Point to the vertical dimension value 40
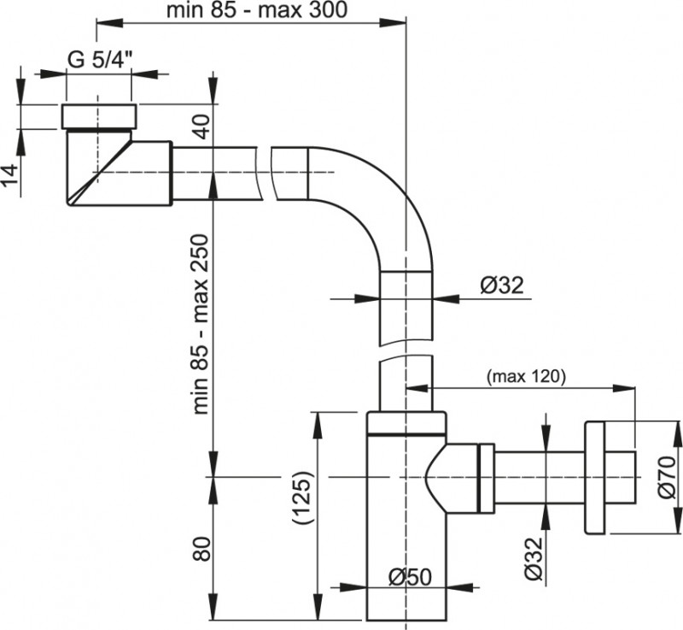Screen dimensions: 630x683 click(x=199, y=127)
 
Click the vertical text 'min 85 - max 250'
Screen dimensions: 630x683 click(x=200, y=324)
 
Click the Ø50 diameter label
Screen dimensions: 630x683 click(x=409, y=575)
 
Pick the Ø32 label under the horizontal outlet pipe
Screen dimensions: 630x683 click(x=534, y=560)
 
